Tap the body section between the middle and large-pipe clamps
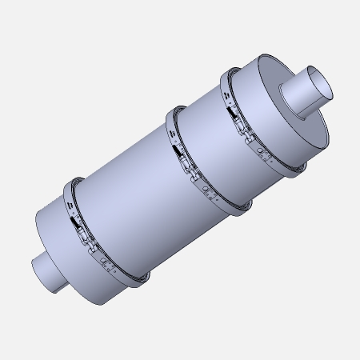pos(212,136)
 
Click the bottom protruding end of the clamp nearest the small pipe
pos(142,280)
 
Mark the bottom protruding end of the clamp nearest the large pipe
pos(297,167)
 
